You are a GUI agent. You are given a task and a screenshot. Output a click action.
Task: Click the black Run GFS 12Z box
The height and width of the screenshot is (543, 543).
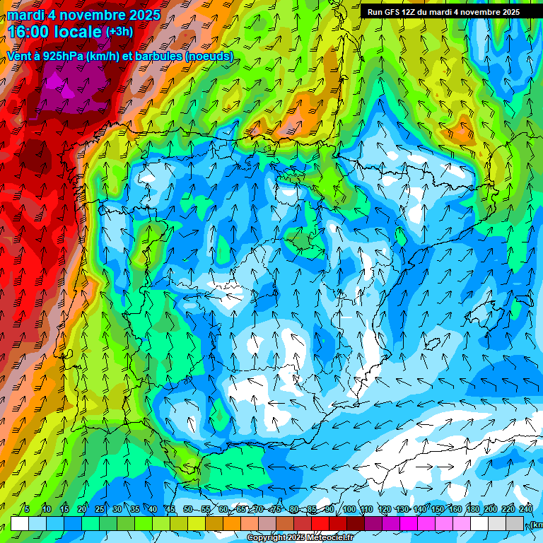(x=443, y=12)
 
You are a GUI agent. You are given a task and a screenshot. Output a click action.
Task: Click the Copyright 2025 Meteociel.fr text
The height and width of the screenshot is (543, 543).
(x=300, y=538)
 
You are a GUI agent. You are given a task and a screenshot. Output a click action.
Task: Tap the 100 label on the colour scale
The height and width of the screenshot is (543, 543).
(x=349, y=510)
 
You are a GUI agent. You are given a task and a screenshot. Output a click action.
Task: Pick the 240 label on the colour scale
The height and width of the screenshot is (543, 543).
(x=526, y=510)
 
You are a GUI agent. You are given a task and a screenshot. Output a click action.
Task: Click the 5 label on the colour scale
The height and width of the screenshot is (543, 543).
(x=27, y=510)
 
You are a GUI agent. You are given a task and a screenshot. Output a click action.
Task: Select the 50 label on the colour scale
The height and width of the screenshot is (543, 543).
(x=187, y=510)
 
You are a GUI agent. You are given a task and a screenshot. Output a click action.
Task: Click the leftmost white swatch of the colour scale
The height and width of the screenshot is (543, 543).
(x=19, y=523)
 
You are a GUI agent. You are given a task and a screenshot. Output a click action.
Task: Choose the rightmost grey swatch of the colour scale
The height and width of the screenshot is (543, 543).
(x=515, y=523)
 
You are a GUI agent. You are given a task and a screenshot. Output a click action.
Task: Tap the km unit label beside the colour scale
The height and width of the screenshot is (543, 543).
(x=537, y=525)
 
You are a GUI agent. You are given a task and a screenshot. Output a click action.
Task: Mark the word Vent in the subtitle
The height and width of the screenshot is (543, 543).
(x=19, y=57)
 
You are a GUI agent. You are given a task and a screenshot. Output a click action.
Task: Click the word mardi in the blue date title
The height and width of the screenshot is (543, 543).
(x=25, y=15)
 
